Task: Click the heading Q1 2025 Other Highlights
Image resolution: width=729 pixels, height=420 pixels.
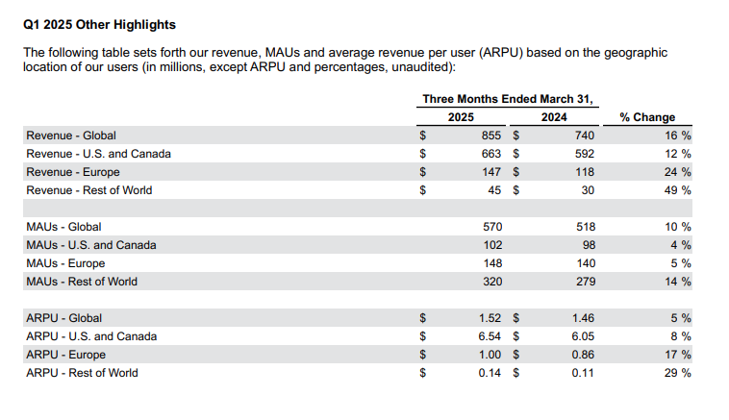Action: (x=99, y=25)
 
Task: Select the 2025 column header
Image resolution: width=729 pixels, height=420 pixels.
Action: (x=461, y=117)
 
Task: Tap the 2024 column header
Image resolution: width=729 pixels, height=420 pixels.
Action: (x=554, y=117)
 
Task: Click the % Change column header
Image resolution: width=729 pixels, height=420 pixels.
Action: (x=647, y=117)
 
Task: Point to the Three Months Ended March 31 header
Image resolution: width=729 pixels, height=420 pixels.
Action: (x=508, y=99)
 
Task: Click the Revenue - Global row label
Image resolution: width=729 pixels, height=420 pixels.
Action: (x=71, y=136)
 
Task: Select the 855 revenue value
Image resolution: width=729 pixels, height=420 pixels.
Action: (x=490, y=136)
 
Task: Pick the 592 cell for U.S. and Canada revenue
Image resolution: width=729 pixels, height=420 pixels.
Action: (x=585, y=154)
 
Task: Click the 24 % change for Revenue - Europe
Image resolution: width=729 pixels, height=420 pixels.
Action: (x=677, y=172)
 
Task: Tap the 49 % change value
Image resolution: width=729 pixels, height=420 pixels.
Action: (x=677, y=190)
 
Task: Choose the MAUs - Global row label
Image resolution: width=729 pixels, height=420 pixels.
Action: (x=63, y=227)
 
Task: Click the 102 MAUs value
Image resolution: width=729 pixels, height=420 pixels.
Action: (x=492, y=245)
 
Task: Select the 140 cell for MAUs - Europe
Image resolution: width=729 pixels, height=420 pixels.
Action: (x=586, y=263)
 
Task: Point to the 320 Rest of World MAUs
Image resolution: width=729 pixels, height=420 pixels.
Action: (x=492, y=282)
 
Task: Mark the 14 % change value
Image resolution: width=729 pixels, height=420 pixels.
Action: (x=677, y=282)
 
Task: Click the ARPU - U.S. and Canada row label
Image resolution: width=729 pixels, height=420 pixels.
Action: (x=91, y=336)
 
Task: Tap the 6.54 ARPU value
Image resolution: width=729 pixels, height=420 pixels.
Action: (x=490, y=336)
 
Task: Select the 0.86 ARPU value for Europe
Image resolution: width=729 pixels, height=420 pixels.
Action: (x=583, y=355)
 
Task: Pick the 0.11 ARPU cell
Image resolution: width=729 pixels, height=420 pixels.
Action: (x=583, y=373)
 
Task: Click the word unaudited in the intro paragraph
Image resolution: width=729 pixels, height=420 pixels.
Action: (x=420, y=67)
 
